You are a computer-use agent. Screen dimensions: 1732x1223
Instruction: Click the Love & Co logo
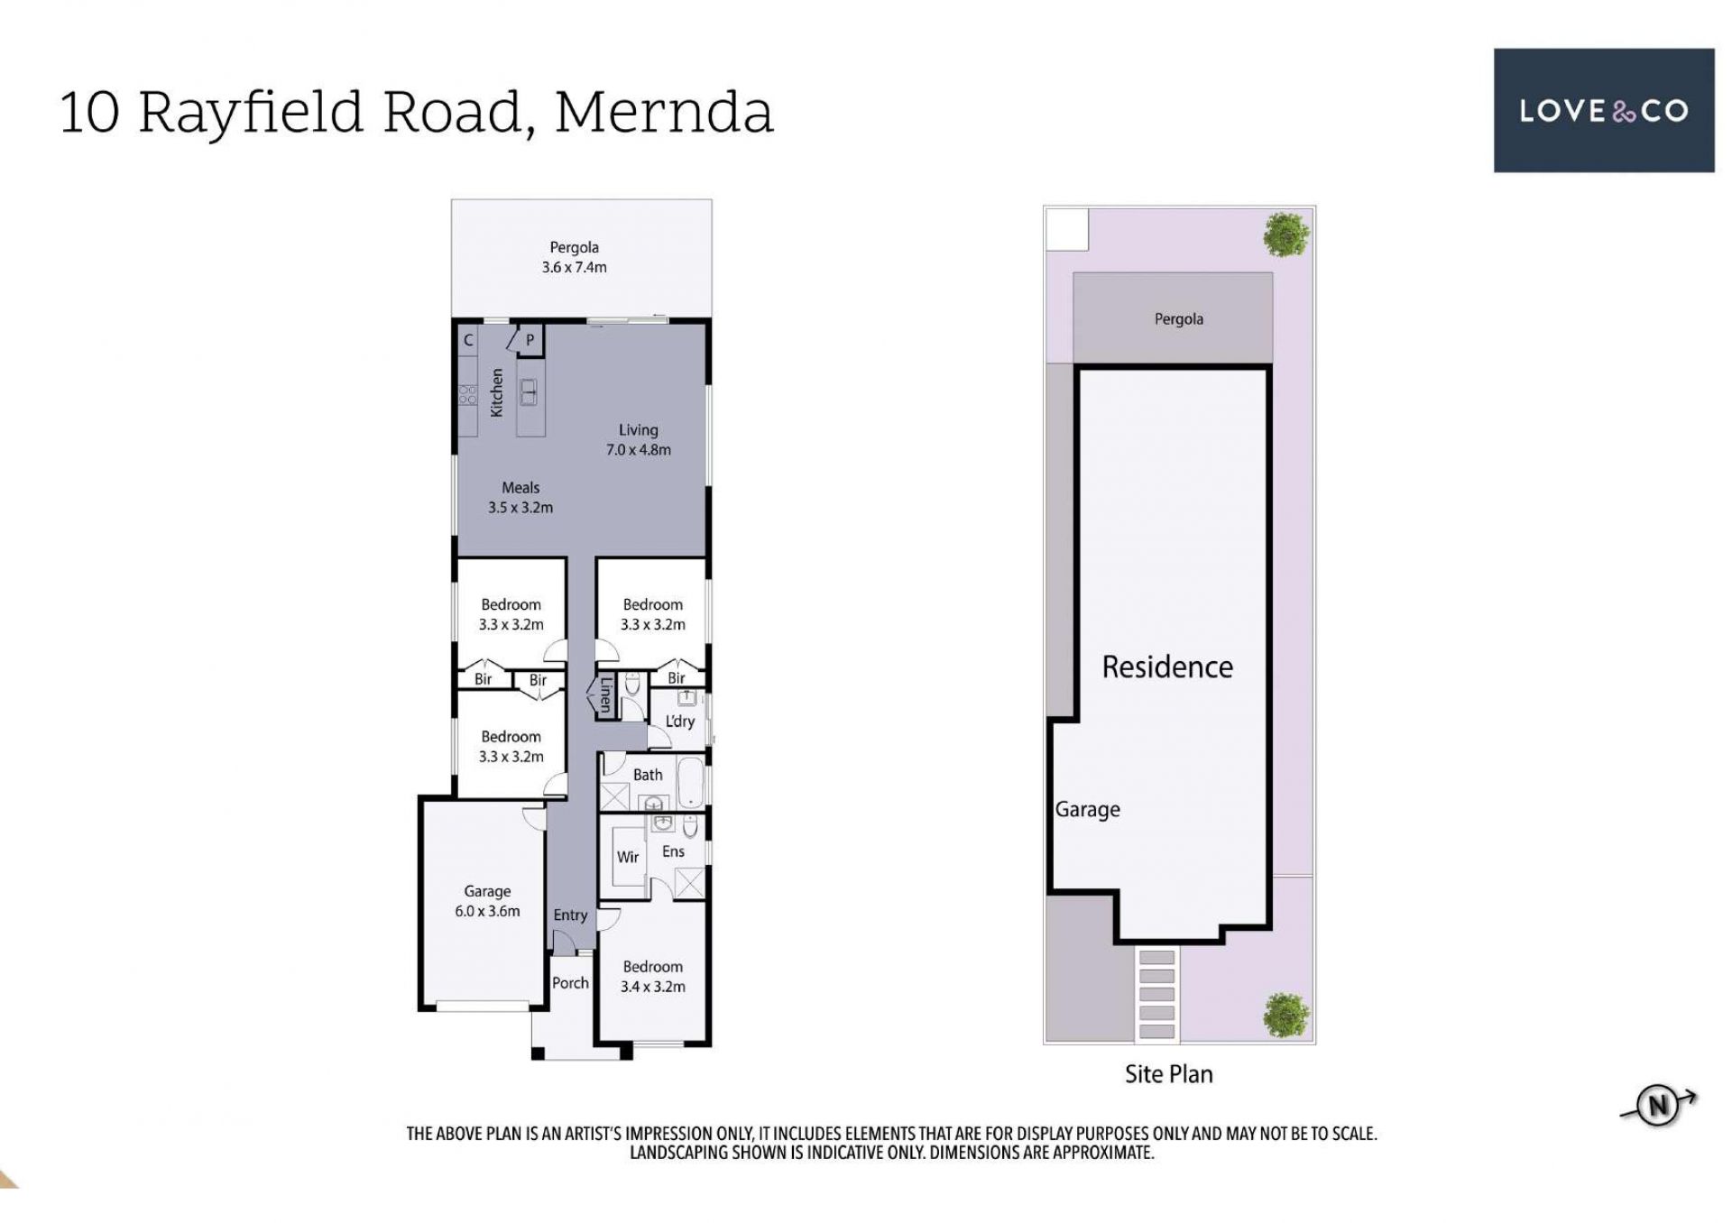click(x=1603, y=110)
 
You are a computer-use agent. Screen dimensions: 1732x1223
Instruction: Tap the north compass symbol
click(x=1658, y=1105)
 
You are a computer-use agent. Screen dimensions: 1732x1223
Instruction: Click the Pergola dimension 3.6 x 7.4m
click(x=574, y=267)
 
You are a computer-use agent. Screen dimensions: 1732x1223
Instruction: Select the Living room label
click(x=638, y=430)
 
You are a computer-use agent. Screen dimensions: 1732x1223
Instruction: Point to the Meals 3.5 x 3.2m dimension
click(x=521, y=507)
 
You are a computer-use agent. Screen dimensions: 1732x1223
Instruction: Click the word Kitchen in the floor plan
click(x=496, y=392)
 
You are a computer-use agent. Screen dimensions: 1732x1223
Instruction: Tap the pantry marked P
click(x=530, y=340)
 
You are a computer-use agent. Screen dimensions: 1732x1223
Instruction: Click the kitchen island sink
click(x=529, y=391)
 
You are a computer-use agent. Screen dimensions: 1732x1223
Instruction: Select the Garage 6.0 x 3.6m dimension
click(x=487, y=911)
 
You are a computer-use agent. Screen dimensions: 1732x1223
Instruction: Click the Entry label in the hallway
click(x=570, y=915)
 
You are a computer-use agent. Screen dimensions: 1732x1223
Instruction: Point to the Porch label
click(x=570, y=983)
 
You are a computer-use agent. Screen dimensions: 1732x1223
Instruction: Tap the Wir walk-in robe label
click(x=628, y=857)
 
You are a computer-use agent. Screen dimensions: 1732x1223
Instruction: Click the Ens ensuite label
click(x=673, y=851)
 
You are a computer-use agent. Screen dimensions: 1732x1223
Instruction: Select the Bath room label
click(x=648, y=775)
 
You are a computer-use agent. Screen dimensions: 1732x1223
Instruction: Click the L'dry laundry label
click(x=680, y=721)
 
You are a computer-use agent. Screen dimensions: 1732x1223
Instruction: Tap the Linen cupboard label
click(x=605, y=694)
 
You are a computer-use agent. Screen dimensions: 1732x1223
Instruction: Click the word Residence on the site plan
click(x=1167, y=667)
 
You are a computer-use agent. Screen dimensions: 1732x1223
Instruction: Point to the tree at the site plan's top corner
click(x=1285, y=234)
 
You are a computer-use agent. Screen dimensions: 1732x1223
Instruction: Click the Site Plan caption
click(x=1168, y=1074)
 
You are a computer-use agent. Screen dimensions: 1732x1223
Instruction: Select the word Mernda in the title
click(x=664, y=112)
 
